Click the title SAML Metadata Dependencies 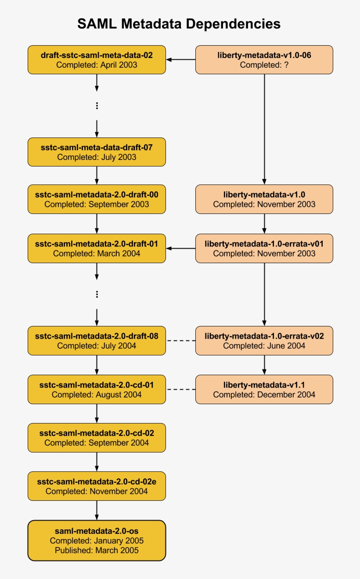point(179,24)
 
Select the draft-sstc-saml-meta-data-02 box point(97,60)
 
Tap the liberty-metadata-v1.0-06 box point(264,60)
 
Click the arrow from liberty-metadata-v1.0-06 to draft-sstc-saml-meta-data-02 point(180,60)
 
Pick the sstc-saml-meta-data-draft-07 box point(97,152)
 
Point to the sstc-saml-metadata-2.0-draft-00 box point(97,199)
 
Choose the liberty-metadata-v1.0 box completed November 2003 point(264,199)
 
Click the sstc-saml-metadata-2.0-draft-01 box point(97,248)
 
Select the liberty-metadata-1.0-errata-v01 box point(264,248)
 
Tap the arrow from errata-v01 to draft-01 point(180,249)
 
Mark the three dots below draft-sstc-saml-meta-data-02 point(97,105)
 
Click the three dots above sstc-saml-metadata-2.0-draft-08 point(97,294)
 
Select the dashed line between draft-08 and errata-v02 point(180,341)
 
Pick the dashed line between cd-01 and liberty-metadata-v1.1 point(180,390)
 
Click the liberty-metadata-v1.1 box point(264,389)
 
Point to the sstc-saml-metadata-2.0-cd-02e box point(97,486)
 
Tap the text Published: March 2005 point(97,550)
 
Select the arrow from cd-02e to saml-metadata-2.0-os point(97,510)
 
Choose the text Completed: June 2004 point(264,346)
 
